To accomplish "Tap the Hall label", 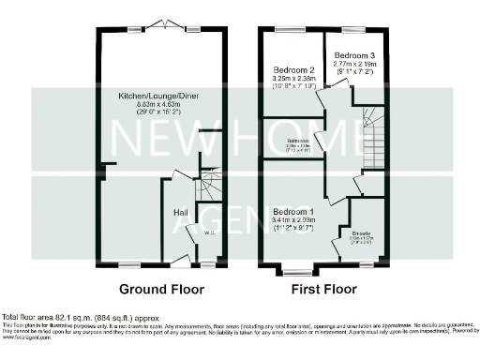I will [x=181, y=213].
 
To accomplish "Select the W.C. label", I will [x=210, y=232].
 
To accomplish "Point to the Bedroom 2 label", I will [x=292, y=70].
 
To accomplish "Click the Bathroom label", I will [x=299, y=142].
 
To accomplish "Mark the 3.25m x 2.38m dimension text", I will [x=292, y=80].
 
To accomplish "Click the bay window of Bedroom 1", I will [x=297, y=273].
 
